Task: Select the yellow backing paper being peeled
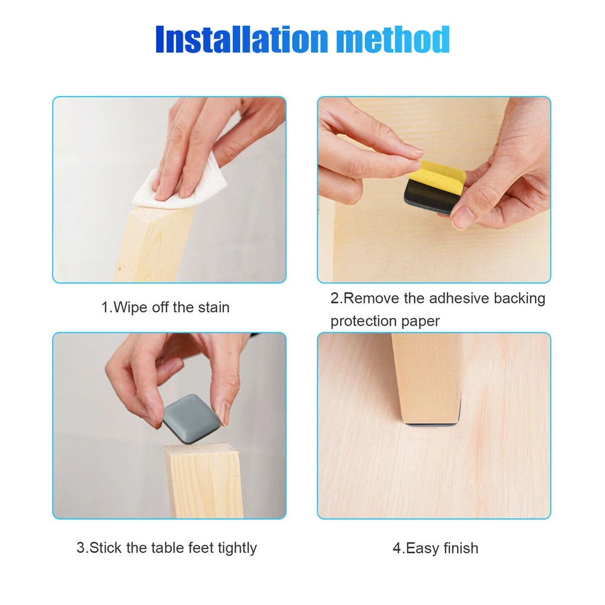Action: tap(437, 176)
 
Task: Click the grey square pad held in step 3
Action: tap(191, 418)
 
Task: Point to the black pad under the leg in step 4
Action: tap(432, 424)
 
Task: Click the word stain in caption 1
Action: tap(214, 307)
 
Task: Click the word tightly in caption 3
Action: tap(237, 548)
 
